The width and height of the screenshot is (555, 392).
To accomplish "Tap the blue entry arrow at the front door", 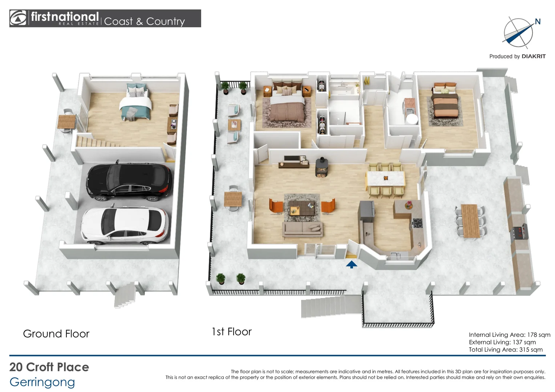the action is point(352,265).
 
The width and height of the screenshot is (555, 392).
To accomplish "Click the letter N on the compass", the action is point(538,22).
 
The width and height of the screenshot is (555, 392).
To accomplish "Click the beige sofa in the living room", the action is point(303,229).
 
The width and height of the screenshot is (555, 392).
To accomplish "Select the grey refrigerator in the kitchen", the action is point(367,211).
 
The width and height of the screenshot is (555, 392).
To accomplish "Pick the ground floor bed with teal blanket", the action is point(136,102).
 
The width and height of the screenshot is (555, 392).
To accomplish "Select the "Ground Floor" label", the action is point(56,334).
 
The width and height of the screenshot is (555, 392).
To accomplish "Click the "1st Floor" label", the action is point(232,332).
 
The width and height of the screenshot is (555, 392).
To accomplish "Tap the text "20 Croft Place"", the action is point(49,367).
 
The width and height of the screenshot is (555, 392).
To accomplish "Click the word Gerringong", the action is point(42,382).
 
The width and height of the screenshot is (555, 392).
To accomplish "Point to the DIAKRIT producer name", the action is point(534,57).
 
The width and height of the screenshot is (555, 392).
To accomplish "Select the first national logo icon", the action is point(18,18).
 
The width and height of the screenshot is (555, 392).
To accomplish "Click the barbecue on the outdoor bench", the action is point(519,232).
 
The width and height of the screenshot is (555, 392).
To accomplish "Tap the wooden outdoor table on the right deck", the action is point(470,221).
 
